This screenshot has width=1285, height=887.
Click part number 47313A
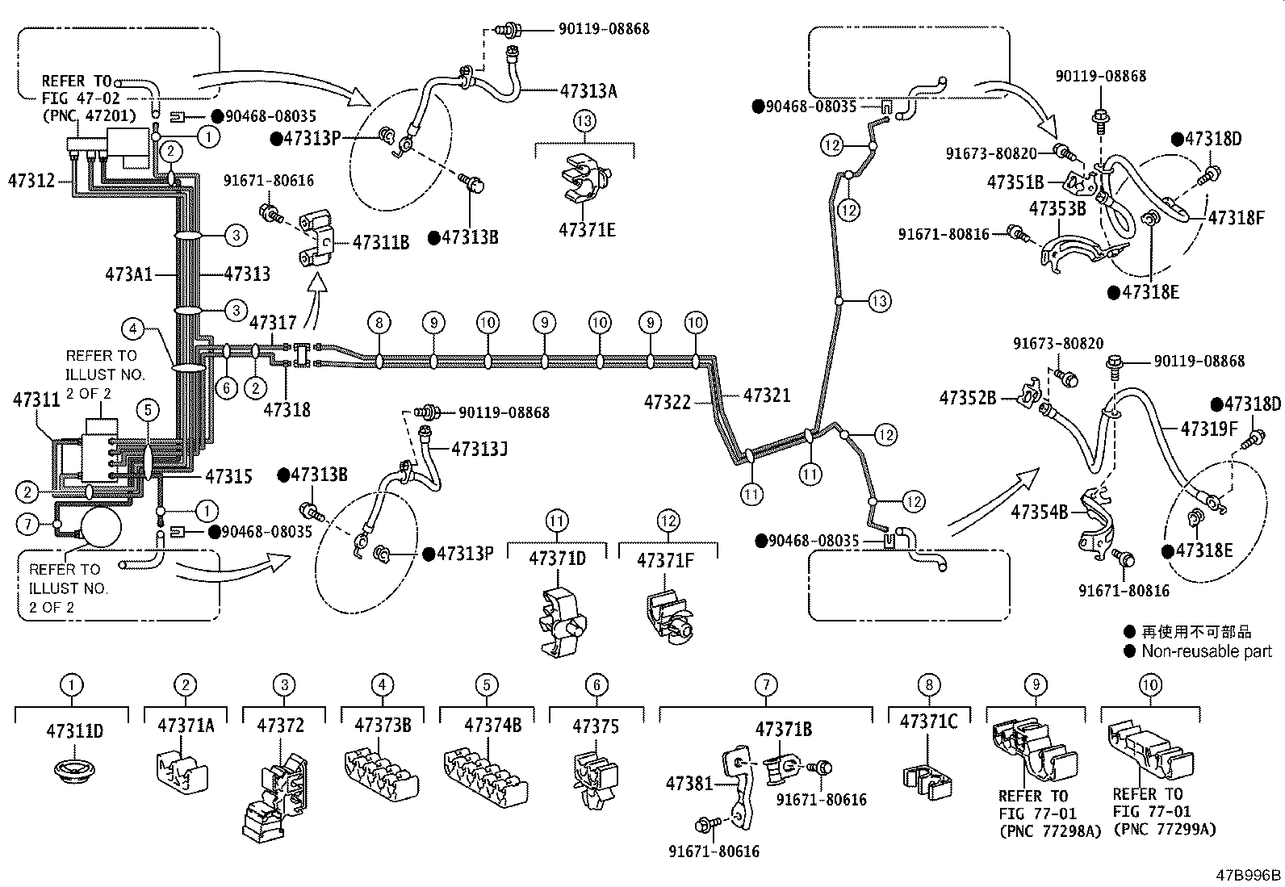pyautogui.click(x=588, y=90)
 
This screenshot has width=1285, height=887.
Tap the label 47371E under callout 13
pyautogui.click(x=587, y=230)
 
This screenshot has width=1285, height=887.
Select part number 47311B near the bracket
pyautogui.click(x=381, y=241)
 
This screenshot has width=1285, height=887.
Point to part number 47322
pyautogui.click(x=668, y=400)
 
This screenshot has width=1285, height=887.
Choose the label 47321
pyautogui.click(x=767, y=395)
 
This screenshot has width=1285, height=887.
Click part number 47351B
pyautogui.click(x=1015, y=182)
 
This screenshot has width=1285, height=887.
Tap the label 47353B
pyautogui.click(x=1057, y=208)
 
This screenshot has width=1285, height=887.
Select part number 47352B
pyautogui.click(x=968, y=397)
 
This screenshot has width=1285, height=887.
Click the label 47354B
pyautogui.click(x=1040, y=511)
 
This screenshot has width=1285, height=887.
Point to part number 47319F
pyautogui.click(x=1209, y=428)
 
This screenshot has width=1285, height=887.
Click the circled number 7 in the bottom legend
pyautogui.click(x=765, y=685)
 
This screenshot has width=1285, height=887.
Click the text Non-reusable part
pyautogui.click(x=1207, y=651)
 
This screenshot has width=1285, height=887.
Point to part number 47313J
pyautogui.click(x=479, y=448)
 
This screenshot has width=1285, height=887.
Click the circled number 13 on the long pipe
pyautogui.click(x=879, y=301)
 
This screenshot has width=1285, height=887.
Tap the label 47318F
pyautogui.click(x=1236, y=216)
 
